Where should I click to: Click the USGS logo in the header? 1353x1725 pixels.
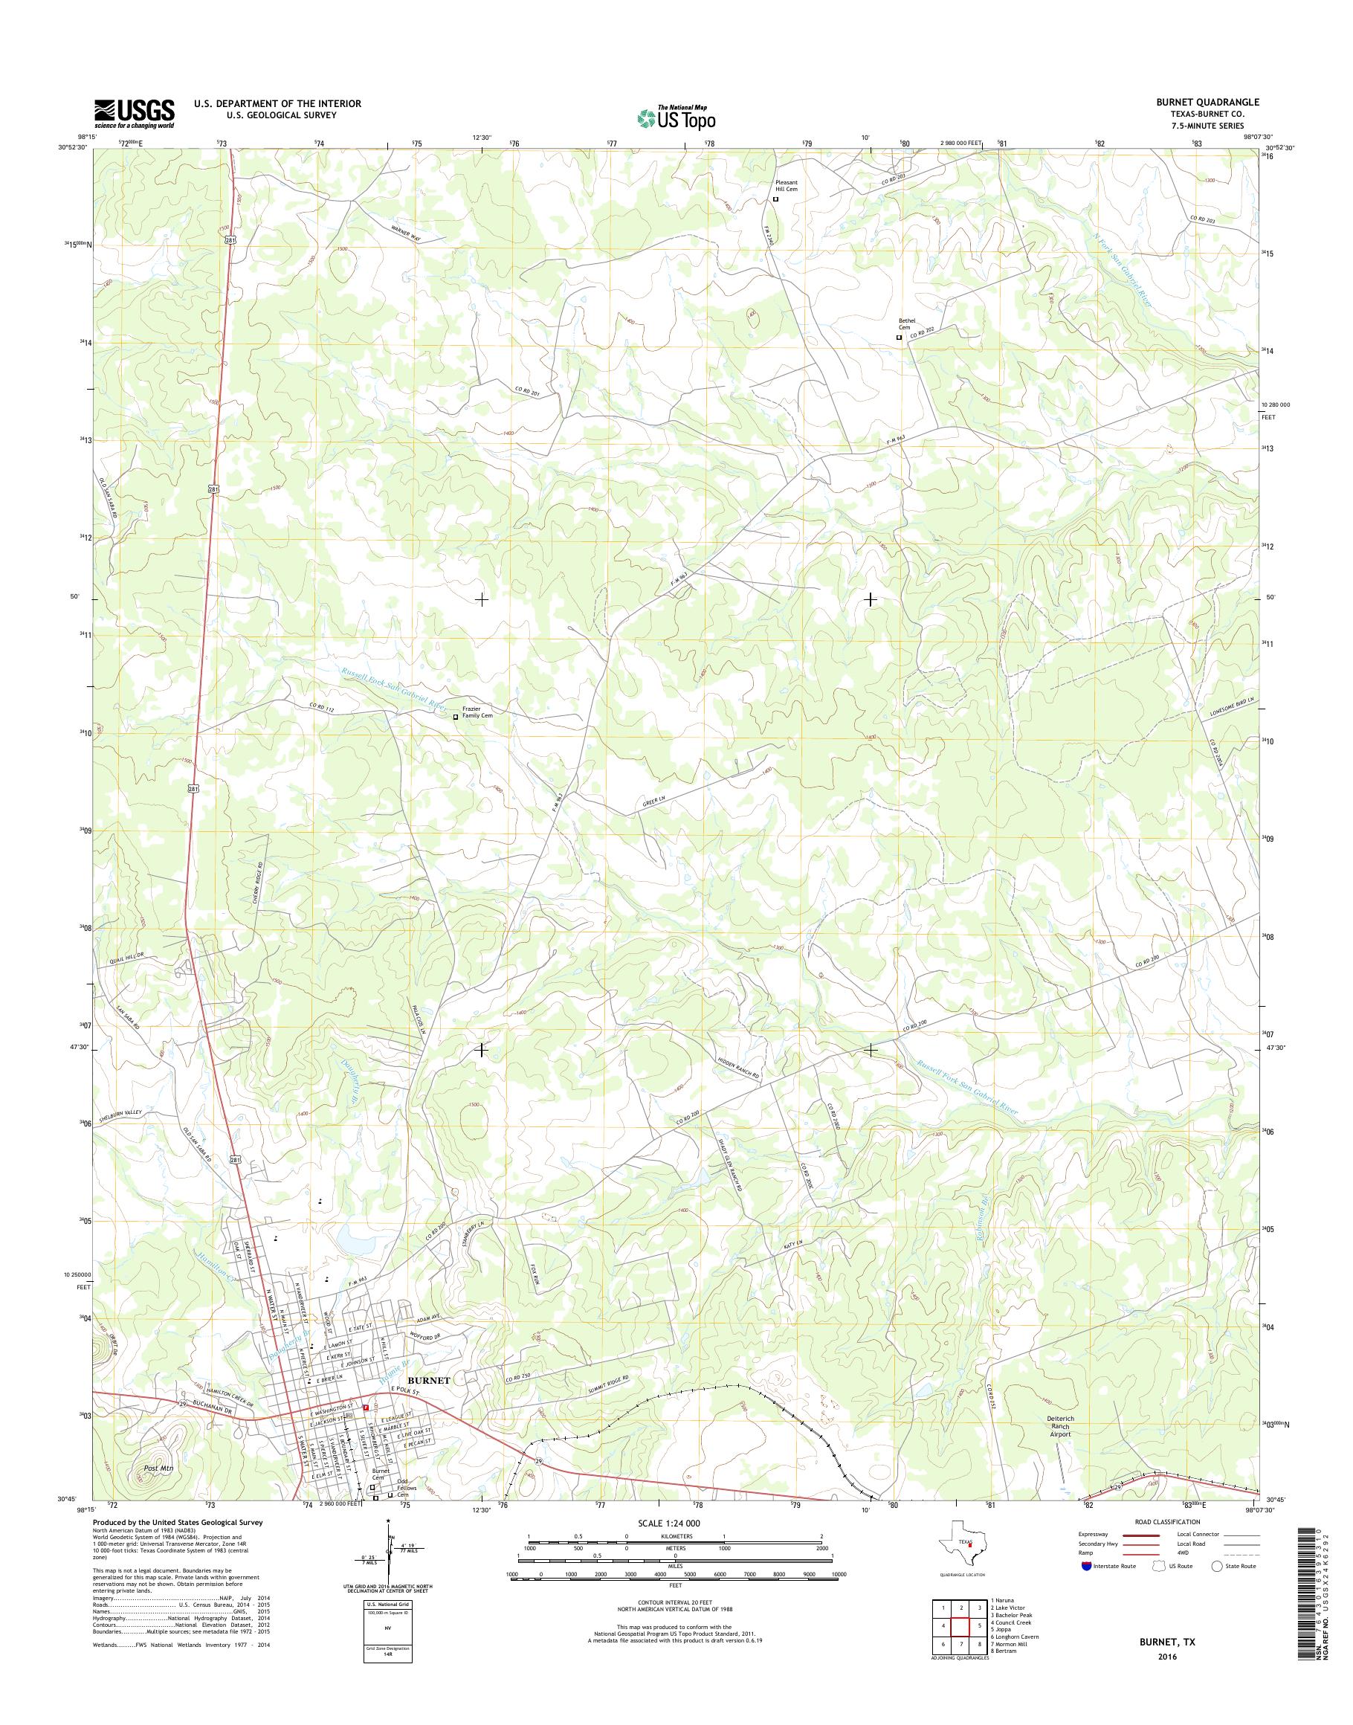[134, 113]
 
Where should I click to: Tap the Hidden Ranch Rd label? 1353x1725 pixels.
[738, 1072]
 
